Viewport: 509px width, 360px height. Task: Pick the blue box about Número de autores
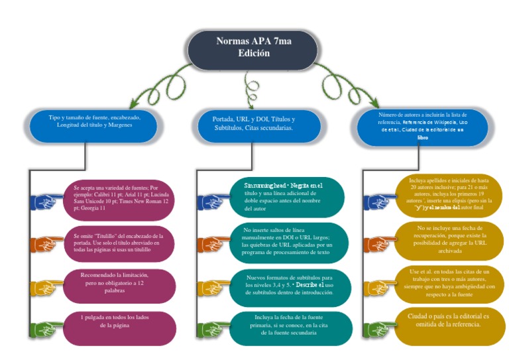(x=422, y=126)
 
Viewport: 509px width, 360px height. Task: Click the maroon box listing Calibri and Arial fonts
(x=119, y=198)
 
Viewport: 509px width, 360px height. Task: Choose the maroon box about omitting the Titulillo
(x=119, y=241)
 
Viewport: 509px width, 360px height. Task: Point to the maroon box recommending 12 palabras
(x=119, y=283)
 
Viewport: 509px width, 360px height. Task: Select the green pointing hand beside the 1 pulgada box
(x=48, y=328)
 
